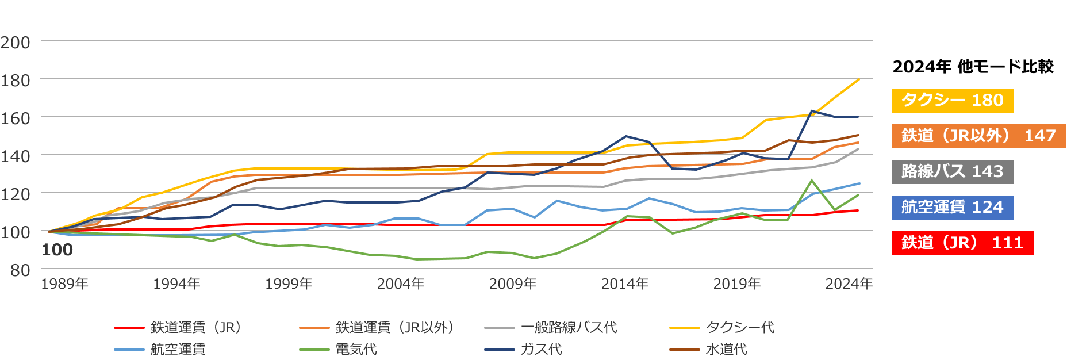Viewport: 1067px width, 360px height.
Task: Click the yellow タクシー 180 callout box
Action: coord(952,101)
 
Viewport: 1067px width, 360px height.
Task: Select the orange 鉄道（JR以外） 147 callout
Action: coord(978,136)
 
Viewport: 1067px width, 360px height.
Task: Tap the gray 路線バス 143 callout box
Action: coord(952,172)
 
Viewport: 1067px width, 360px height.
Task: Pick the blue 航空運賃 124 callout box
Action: coord(952,208)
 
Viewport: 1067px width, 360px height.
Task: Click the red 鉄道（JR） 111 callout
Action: coord(962,243)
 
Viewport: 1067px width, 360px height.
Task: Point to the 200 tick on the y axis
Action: coord(16,43)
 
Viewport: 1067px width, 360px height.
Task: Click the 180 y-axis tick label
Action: coord(16,81)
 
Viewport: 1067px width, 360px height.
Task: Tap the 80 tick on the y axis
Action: coord(20,270)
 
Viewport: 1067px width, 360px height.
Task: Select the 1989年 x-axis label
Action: coord(64,284)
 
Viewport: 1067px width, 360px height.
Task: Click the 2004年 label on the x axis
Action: coord(401,284)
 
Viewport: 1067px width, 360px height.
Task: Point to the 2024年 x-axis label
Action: coord(849,284)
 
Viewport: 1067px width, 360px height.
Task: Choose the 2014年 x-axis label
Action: coord(625,284)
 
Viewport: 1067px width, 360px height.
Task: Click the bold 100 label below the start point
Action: coord(57,250)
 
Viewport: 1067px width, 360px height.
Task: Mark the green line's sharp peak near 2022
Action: coord(812,181)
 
